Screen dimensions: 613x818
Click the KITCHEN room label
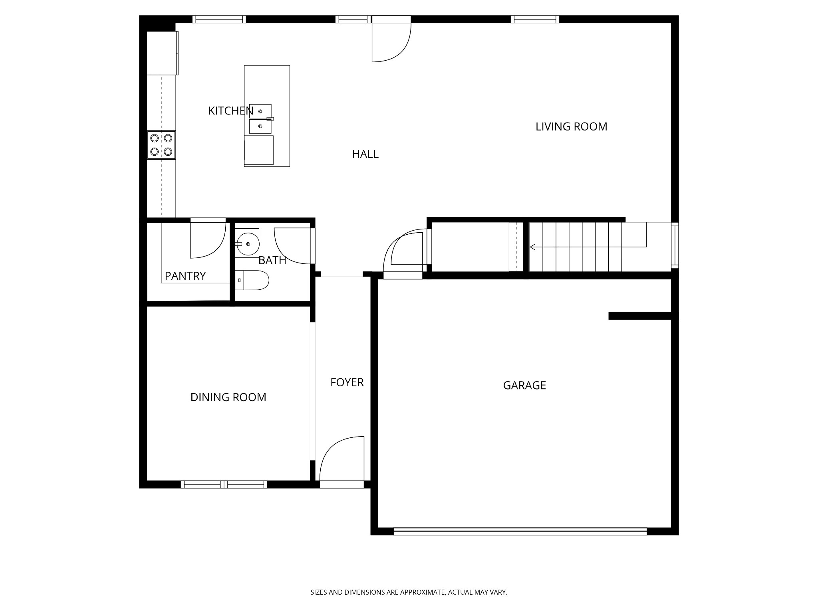point(230,111)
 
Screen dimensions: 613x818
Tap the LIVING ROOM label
point(571,127)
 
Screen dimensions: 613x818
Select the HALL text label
point(365,154)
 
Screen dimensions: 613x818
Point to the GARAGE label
point(524,385)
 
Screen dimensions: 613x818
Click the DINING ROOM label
point(228,397)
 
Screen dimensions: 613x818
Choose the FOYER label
point(347,382)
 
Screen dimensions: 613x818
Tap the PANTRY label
point(185,276)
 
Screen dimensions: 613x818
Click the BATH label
point(272,260)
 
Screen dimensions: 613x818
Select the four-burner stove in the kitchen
point(161,145)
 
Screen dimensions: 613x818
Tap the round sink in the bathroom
point(248,243)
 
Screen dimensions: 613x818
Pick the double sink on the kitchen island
point(260,119)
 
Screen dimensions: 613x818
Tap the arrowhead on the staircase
point(532,247)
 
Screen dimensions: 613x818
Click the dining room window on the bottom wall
point(224,484)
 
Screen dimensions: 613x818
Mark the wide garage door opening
point(520,531)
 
